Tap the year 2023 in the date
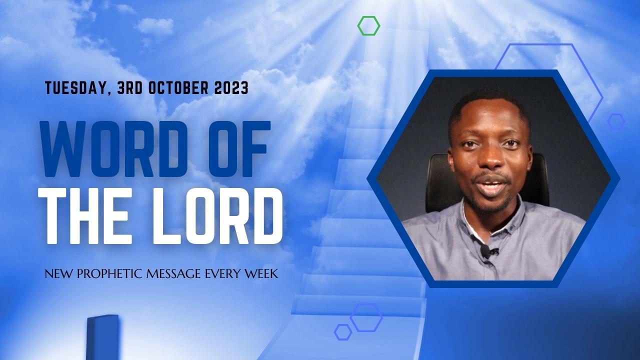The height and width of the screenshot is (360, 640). click(231, 87)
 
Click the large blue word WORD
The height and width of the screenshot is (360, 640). click(114, 148)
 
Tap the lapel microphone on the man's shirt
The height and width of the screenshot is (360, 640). click(485, 251)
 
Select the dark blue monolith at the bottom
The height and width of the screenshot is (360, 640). click(102, 337)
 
